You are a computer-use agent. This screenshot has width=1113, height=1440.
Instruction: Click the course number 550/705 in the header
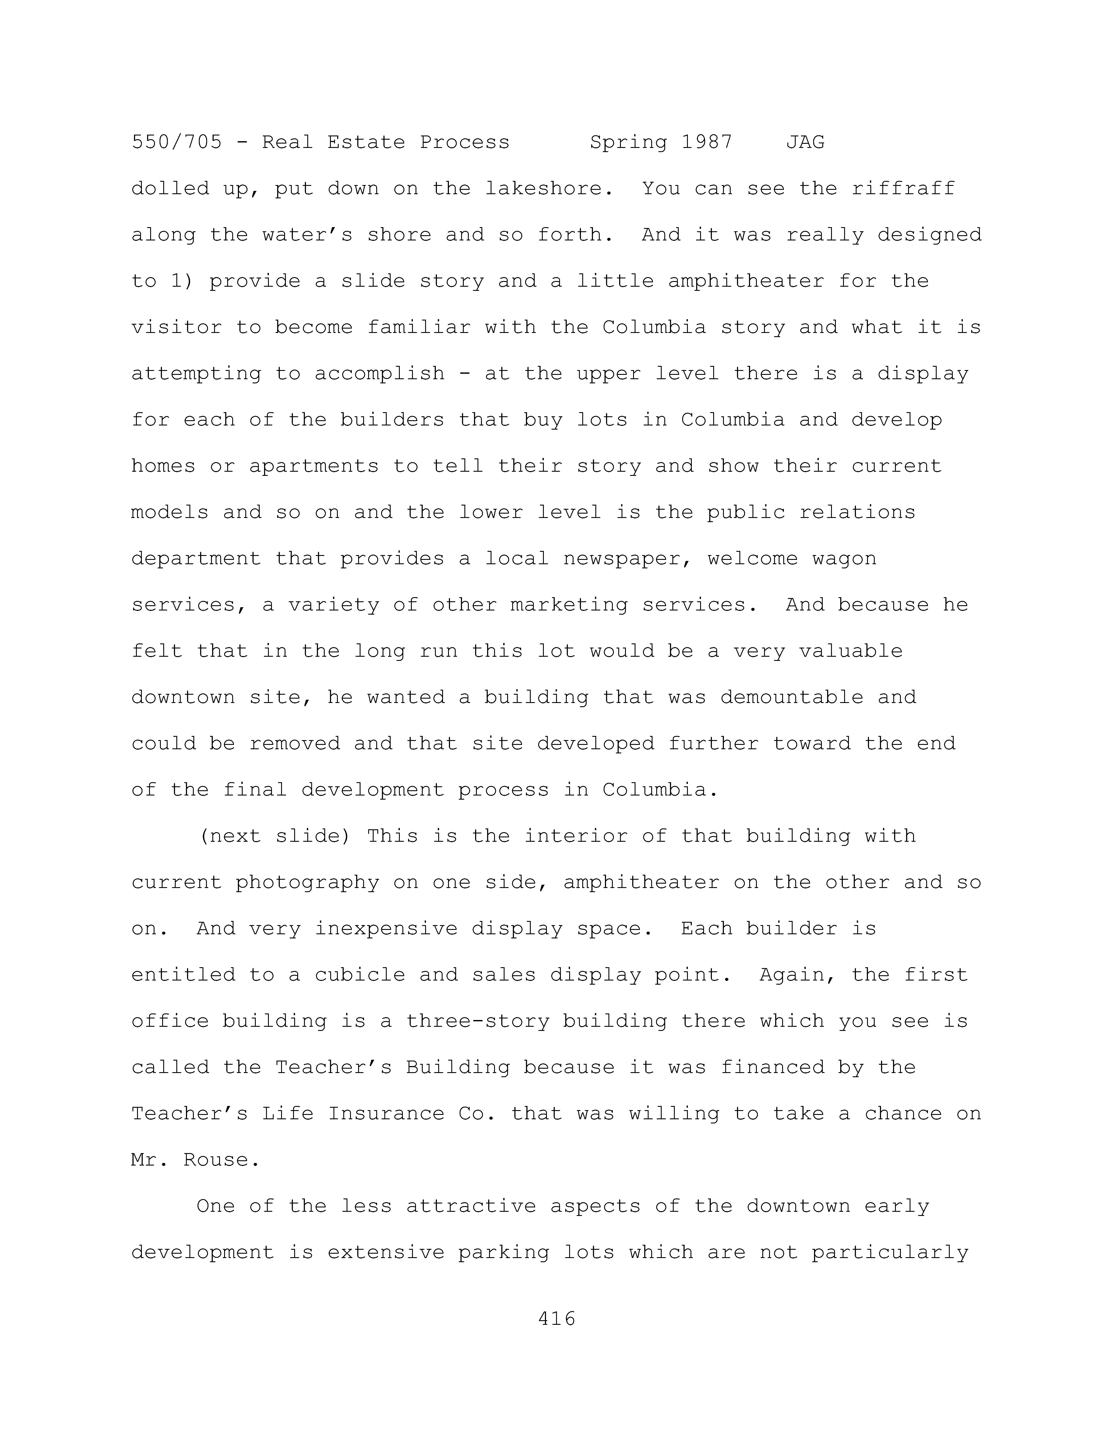tap(177, 142)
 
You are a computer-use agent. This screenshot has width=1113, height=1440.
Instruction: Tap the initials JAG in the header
tap(805, 142)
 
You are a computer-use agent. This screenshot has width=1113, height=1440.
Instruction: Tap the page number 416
tap(556, 1319)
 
